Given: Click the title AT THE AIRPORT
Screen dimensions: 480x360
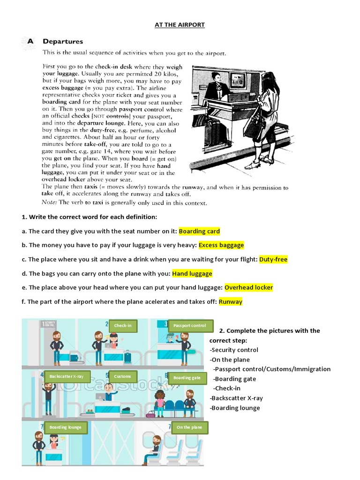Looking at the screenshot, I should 180,24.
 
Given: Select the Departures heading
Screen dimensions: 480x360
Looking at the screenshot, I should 63,41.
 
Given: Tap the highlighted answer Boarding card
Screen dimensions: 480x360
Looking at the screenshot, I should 199,231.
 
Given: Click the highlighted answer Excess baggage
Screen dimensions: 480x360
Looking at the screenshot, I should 221,245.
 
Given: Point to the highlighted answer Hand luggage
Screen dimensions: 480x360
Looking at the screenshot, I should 192,273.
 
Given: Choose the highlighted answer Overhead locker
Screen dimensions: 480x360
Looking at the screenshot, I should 248,287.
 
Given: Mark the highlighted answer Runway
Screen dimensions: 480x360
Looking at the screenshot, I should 231,301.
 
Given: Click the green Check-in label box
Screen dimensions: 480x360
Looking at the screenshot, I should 123,325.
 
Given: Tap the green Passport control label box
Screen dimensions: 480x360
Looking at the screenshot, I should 190,326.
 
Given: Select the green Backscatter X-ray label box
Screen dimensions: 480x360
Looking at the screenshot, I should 67,376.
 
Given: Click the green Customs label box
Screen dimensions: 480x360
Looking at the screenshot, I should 122,376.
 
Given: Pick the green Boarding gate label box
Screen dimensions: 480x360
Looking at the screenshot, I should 187,377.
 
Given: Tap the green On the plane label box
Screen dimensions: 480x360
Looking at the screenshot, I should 189,427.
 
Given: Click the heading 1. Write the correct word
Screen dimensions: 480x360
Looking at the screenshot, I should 89,217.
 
